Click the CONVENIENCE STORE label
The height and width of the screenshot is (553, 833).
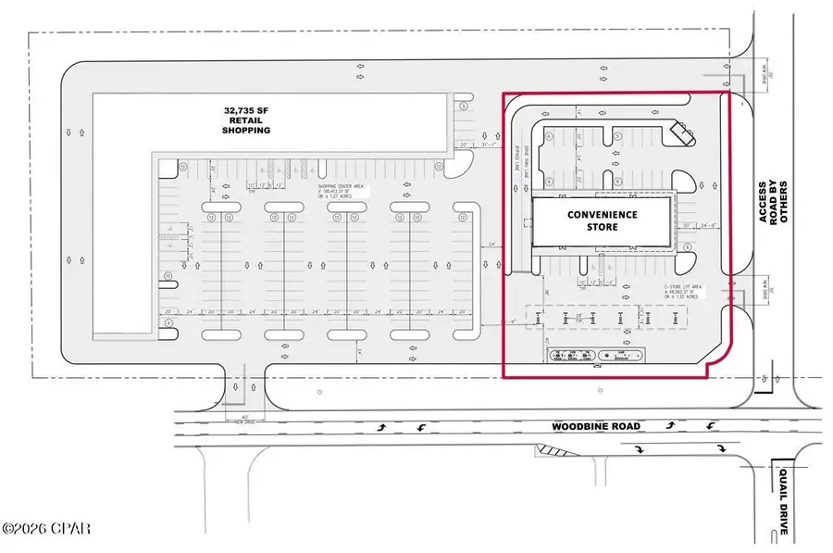point(602,220)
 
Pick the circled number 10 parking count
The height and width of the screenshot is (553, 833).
point(168,276)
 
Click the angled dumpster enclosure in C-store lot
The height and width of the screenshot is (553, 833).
point(685,133)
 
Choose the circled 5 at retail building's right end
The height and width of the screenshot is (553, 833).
point(463,106)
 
